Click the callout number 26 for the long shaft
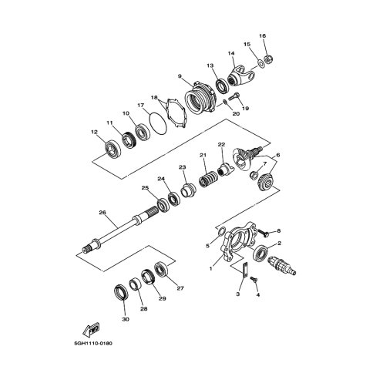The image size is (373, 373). point(102,213)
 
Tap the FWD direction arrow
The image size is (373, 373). point(91,329)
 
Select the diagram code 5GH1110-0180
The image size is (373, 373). point(93,343)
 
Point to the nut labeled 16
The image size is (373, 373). point(268,60)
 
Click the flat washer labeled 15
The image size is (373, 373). point(260,63)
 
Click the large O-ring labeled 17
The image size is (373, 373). point(157,124)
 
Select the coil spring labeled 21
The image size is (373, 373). point(208,179)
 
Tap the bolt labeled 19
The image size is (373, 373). point(234,97)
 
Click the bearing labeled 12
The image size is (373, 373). point(112,149)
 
